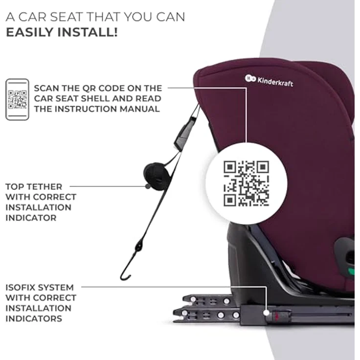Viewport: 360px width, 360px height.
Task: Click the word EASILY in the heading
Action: pos(30,32)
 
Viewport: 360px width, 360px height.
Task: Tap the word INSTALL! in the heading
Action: pos(88,32)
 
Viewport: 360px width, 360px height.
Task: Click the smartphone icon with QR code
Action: pos(17,99)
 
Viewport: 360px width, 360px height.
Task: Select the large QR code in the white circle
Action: pos(246,183)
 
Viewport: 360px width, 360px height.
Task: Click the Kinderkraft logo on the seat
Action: pos(269,81)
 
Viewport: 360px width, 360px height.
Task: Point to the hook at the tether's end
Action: pos(126,274)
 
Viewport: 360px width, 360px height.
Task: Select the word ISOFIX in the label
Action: pos(20,288)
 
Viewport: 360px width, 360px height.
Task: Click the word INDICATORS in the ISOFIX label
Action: pos(34,319)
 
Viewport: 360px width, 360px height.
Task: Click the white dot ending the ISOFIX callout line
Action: pos(266,313)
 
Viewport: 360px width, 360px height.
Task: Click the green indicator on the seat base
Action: pos(351,271)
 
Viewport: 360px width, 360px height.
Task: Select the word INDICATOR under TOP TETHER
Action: pos(31,218)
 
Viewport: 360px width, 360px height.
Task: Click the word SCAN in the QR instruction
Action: pos(46,89)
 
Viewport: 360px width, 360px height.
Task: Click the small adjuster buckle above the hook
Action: pos(139,247)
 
